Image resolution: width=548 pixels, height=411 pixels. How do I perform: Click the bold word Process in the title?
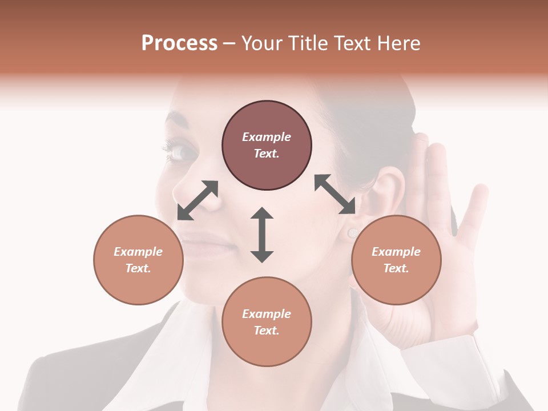179,43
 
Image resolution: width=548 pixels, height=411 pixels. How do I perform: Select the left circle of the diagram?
138,260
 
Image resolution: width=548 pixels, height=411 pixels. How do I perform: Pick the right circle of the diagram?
396,260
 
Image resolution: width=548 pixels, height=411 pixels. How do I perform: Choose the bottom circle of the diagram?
267,321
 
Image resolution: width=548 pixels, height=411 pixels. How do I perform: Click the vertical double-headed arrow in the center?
262,235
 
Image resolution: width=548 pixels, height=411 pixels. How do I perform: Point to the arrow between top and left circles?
198,200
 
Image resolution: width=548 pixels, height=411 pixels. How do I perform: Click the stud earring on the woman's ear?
353,232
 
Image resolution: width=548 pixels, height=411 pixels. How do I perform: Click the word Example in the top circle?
267,137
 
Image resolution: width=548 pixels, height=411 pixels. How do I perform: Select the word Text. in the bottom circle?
267,331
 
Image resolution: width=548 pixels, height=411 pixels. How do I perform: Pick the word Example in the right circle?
396,252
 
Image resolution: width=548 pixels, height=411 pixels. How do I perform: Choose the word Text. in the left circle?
138,268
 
